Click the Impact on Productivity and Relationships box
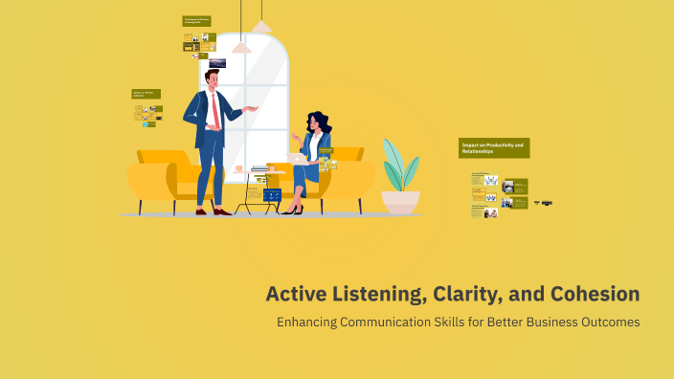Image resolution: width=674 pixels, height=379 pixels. (x=493, y=148)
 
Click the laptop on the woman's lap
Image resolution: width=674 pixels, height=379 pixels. (x=296, y=158)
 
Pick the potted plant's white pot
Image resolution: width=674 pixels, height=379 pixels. (x=400, y=202)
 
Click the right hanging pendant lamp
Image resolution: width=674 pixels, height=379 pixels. (x=260, y=25)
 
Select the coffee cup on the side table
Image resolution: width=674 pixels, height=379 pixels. (x=238, y=169)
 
